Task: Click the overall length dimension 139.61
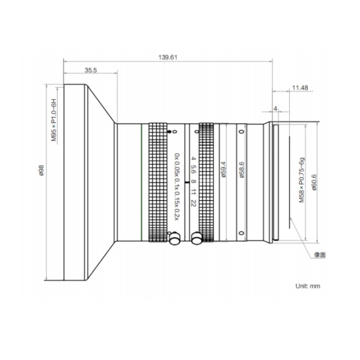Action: point(168,57)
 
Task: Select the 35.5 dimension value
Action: point(91,70)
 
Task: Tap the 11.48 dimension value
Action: point(300,88)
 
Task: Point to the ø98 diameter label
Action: point(42,170)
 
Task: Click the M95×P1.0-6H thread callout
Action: point(54,120)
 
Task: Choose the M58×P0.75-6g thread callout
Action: point(302,180)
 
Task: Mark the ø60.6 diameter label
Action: point(314,182)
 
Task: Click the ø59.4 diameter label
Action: point(223,169)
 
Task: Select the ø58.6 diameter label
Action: point(241,169)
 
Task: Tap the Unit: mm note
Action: point(308,286)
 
